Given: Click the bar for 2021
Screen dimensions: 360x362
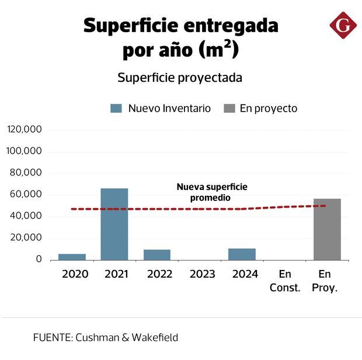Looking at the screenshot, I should coord(114,224).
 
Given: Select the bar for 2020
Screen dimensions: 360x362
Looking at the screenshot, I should coord(72,257).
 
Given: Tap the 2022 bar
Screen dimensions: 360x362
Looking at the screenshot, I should coord(157,254).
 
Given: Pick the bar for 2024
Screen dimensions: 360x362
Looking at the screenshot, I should coord(242,254).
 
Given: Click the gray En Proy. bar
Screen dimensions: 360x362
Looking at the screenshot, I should coord(327,229).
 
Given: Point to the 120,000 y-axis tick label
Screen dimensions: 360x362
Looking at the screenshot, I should coord(24,130).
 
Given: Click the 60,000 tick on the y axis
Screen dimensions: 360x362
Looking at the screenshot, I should coord(26,195).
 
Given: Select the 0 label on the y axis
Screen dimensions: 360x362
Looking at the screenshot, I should coord(38,259).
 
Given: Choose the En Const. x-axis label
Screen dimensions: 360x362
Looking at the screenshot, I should coord(285,281).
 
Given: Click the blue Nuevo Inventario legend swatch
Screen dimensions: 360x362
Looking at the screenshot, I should coord(116,109).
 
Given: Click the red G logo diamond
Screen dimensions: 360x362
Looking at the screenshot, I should coord(343,26).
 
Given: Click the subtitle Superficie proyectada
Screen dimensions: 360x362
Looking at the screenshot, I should coord(180,78).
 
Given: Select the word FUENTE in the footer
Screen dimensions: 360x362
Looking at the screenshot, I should coord(51,337).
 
